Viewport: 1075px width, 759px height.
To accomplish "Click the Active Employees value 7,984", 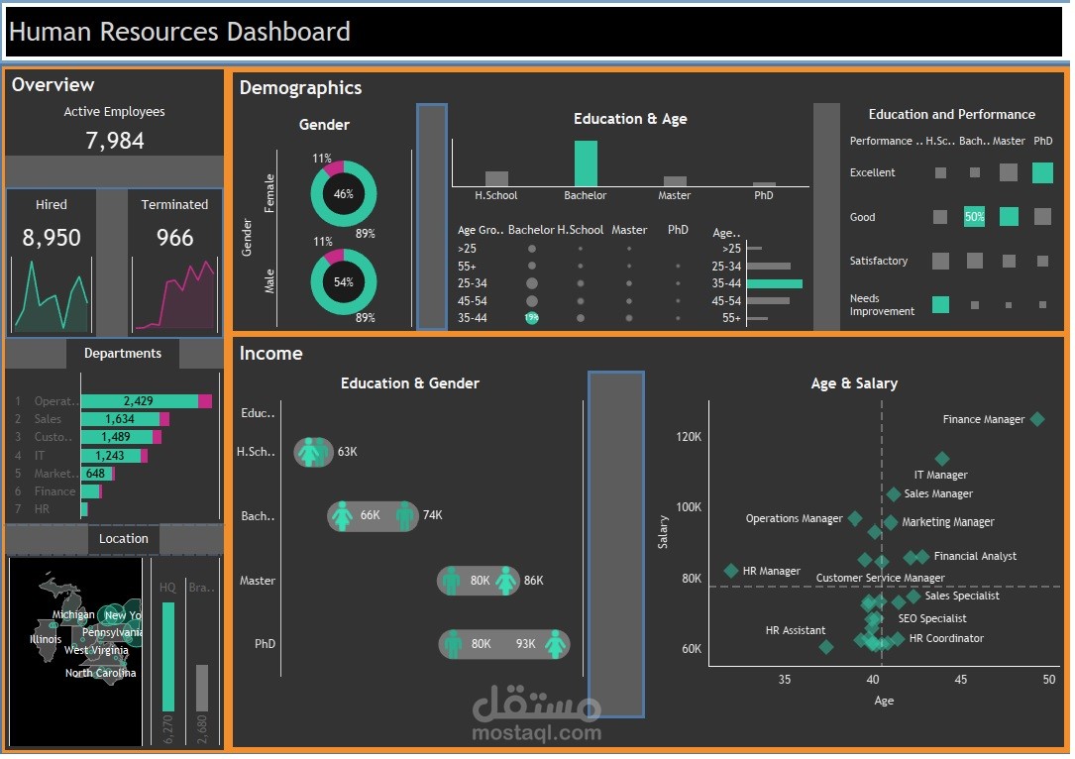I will pyautogui.click(x=115, y=141).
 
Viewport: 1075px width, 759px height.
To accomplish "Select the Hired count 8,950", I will pyautogui.click(x=52, y=238).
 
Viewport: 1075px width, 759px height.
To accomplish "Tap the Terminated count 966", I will pyautogui.click(x=174, y=238).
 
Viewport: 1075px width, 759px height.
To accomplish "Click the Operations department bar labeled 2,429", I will pyautogui.click(x=139, y=401).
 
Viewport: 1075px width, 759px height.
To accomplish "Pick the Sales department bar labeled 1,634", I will pyautogui.click(x=120, y=419).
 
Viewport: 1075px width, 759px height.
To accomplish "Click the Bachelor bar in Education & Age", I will pyautogui.click(x=586, y=163).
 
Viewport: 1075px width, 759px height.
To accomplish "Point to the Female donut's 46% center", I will pyautogui.click(x=344, y=194).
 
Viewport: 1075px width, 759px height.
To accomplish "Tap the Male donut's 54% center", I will pyautogui.click(x=344, y=281).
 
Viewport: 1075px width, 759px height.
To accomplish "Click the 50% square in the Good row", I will pyautogui.click(x=975, y=217).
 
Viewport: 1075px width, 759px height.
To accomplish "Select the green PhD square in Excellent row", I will pyautogui.click(x=1042, y=172).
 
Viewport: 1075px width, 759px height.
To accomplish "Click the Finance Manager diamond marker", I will pyautogui.click(x=1037, y=419).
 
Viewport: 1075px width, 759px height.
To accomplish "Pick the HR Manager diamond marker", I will pyautogui.click(x=731, y=571).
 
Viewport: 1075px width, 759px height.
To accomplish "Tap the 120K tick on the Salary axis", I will pyautogui.click(x=689, y=436).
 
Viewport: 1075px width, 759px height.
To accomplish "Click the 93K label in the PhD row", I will pyautogui.click(x=525, y=644).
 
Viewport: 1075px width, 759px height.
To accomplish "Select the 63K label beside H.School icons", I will pyautogui.click(x=347, y=452).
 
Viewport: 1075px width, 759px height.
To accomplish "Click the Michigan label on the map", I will pyautogui.click(x=73, y=615).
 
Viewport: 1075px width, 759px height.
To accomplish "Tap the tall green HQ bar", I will pyautogui.click(x=168, y=657).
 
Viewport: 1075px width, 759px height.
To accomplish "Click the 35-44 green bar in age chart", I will pyautogui.click(x=774, y=283).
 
